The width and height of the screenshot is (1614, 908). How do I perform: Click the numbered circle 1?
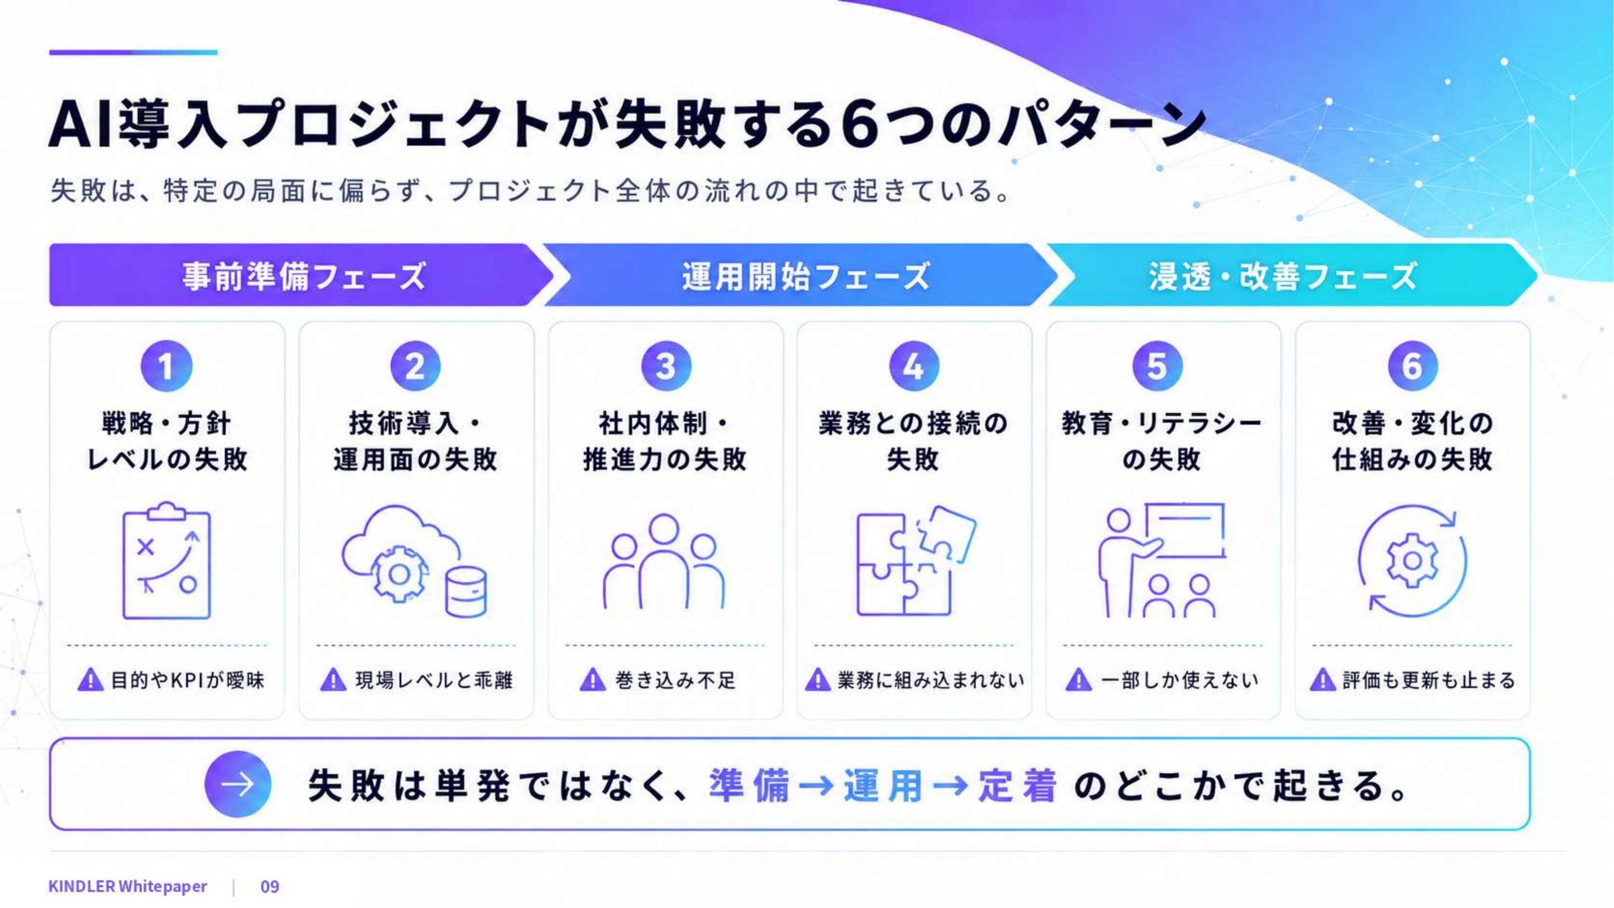[x=166, y=365]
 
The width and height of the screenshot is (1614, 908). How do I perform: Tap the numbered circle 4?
[x=914, y=365]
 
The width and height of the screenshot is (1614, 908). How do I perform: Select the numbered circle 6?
[x=1412, y=365]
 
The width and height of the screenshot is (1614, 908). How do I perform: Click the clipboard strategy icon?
[x=167, y=560]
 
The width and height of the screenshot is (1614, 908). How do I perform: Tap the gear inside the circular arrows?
[x=1412, y=560]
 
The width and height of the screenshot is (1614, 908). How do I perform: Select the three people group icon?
[x=664, y=561]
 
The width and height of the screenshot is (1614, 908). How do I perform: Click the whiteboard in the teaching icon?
[x=1184, y=529]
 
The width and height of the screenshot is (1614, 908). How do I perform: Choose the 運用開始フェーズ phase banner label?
[x=806, y=276]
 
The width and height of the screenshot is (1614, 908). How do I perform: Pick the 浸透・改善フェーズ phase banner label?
[x=1282, y=276]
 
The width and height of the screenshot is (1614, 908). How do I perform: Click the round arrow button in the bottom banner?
[x=238, y=784]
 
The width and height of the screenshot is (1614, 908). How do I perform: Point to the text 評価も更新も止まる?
[x=1429, y=680]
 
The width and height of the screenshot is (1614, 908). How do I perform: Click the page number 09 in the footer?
[x=270, y=886]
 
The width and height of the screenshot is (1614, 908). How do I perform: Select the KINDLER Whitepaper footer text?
[x=128, y=886]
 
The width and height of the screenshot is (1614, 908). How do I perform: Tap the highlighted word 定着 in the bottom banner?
[x=1018, y=785]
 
